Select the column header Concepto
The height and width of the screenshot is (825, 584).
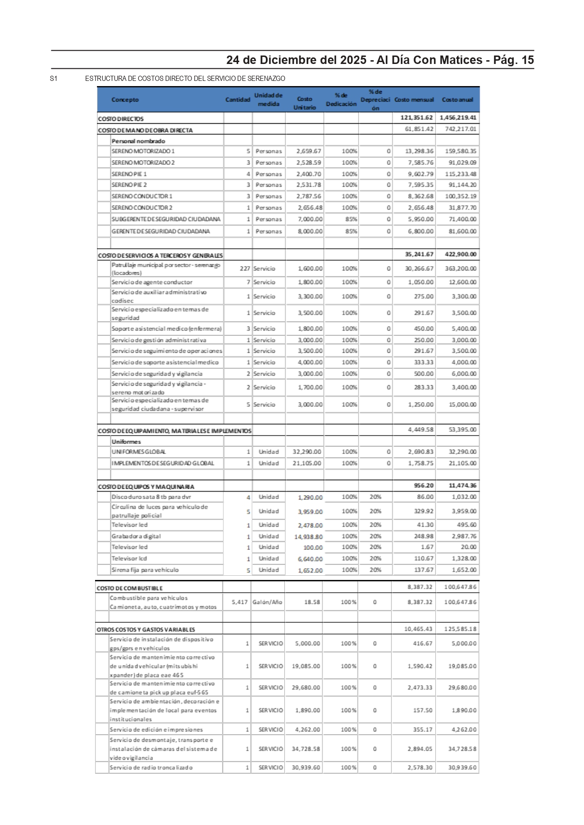click(125, 100)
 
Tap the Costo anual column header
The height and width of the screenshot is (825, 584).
click(457, 100)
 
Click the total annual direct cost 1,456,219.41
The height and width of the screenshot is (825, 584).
click(458, 118)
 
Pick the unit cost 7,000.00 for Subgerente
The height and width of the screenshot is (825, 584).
click(310, 219)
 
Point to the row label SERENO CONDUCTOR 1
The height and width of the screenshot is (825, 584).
click(142, 196)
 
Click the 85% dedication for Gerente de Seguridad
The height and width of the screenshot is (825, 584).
click(351, 231)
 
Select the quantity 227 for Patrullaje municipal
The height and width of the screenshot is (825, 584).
click(245, 269)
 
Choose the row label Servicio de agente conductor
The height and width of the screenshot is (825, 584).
click(152, 282)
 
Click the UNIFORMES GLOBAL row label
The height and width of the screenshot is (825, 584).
click(138, 452)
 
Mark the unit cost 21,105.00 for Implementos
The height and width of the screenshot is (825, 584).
click(307, 463)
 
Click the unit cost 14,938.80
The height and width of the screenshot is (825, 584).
click(309, 537)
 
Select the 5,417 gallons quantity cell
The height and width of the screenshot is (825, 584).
click(240, 602)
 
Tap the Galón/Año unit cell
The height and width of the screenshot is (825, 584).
click(267, 602)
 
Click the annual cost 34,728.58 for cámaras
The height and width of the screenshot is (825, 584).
click(462, 749)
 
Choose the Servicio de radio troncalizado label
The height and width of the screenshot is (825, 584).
click(151, 768)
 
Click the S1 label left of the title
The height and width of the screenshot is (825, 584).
click(54, 79)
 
